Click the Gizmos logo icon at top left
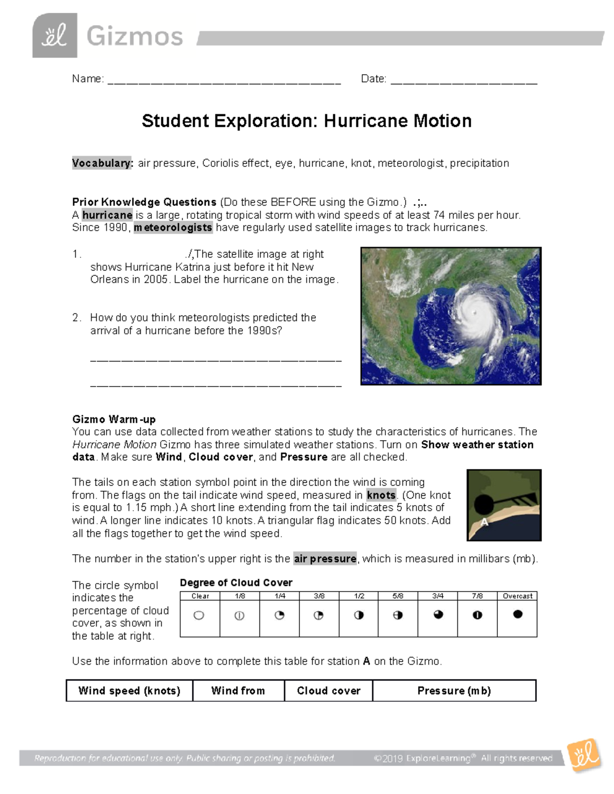[x=55, y=35]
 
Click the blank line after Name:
[x=224, y=80]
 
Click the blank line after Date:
[x=464, y=80]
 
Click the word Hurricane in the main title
[x=366, y=121]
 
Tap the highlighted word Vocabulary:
[x=102, y=163]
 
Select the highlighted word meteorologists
[x=173, y=228]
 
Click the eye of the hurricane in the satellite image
[x=475, y=312]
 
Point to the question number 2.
[x=76, y=317]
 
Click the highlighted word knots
[x=381, y=495]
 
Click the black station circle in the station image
[x=483, y=505]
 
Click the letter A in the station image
[x=485, y=522]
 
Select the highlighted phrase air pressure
[x=325, y=559]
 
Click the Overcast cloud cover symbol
[x=517, y=615]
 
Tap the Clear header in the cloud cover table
[x=200, y=596]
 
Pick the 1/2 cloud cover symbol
[x=359, y=615]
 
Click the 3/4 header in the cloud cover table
[x=437, y=596]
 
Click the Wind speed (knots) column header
[x=129, y=691]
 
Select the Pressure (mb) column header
[x=454, y=691]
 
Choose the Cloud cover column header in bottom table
[x=328, y=691]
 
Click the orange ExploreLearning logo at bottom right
[x=583, y=756]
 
